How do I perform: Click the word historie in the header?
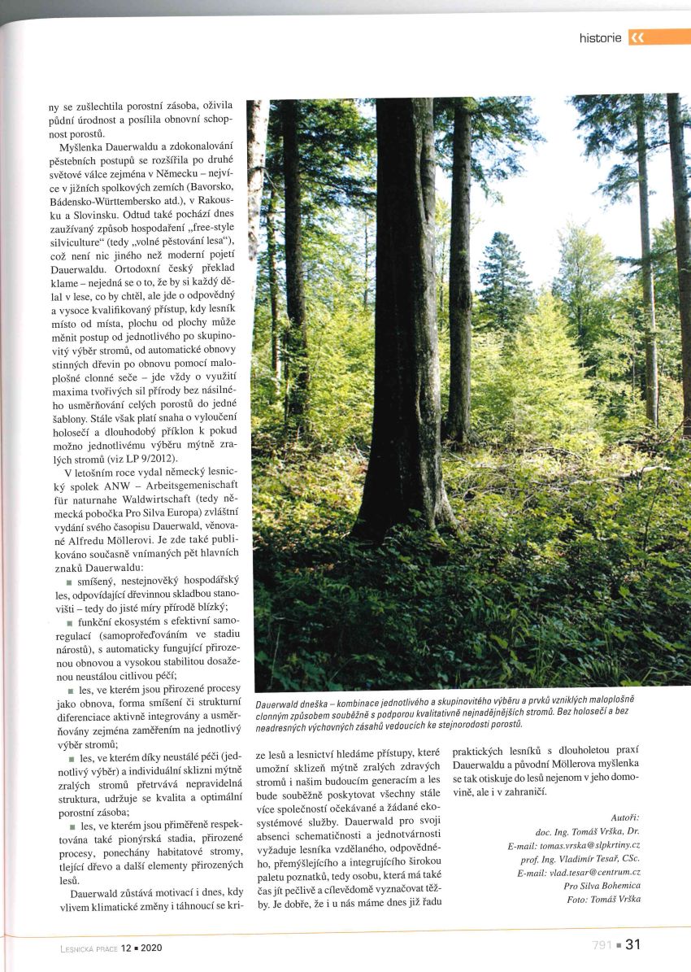pyautogui.click(x=600, y=37)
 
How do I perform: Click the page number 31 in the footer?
pyautogui.click(x=633, y=944)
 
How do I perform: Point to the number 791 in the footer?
pyautogui.click(x=602, y=945)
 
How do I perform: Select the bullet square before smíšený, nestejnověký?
pyautogui.click(x=69, y=583)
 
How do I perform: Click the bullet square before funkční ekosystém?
pyautogui.click(x=69, y=622)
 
